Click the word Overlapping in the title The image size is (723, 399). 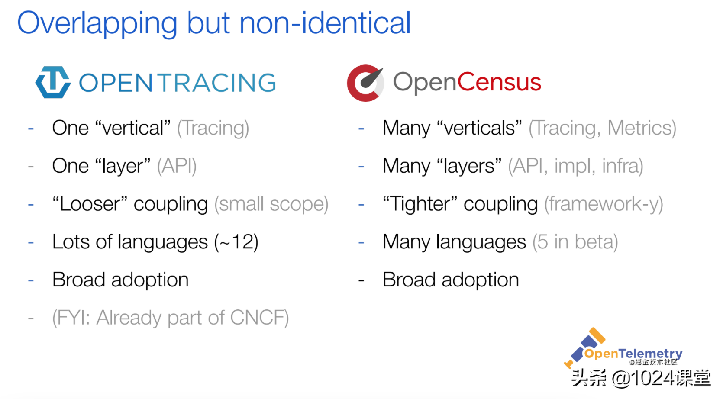click(x=97, y=23)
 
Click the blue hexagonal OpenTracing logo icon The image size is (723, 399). click(x=53, y=82)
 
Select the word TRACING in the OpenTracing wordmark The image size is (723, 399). click(x=218, y=83)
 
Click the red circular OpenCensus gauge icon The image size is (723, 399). click(x=365, y=83)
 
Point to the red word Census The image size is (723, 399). click(x=499, y=82)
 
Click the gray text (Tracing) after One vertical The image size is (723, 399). click(x=213, y=129)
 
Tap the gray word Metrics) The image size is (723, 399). click(x=642, y=129)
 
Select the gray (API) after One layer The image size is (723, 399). click(x=177, y=167)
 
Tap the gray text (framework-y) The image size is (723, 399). click(x=604, y=205)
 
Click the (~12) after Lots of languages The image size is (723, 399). click(x=236, y=242)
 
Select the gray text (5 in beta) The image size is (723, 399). click(x=575, y=242)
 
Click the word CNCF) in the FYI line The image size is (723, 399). click(x=259, y=318)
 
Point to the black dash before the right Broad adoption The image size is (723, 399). click(x=361, y=280)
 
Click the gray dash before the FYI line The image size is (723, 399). click(x=31, y=319)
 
